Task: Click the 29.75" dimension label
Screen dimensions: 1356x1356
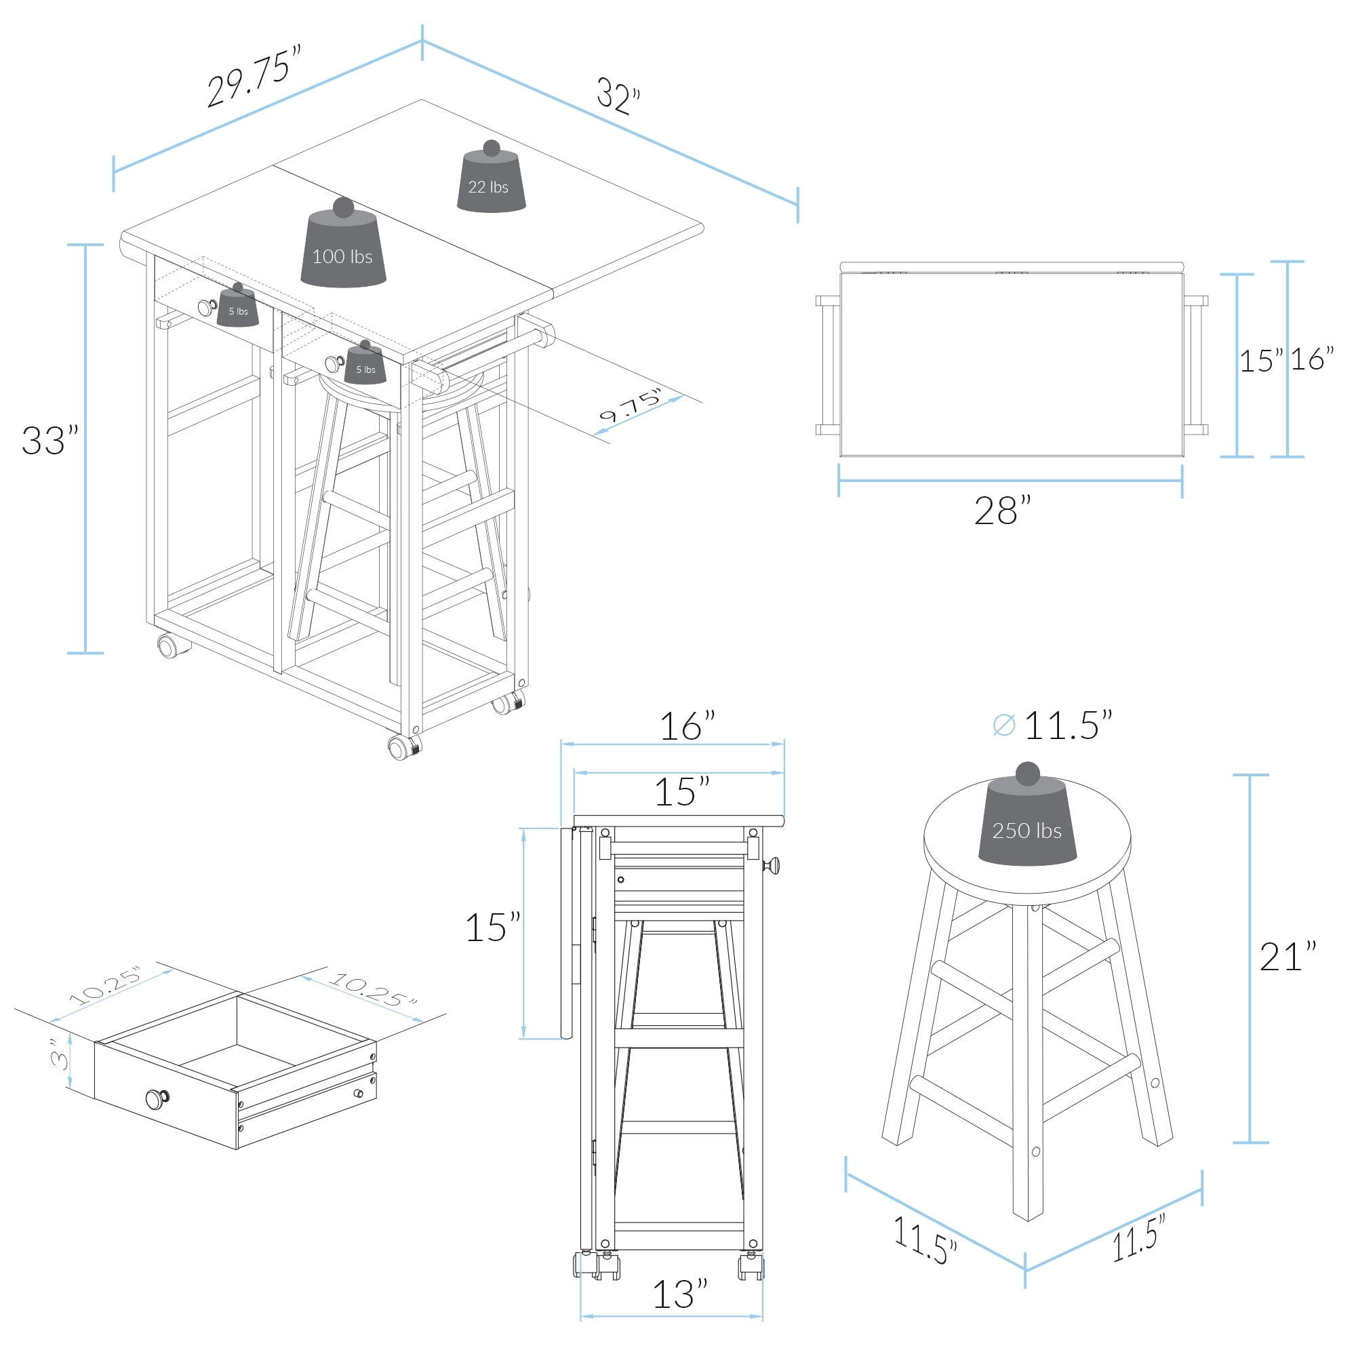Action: coord(254,75)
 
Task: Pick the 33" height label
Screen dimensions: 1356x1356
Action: coord(49,441)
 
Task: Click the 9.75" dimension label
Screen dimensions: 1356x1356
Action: coord(631,405)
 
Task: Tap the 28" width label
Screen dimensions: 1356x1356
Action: coord(1002,511)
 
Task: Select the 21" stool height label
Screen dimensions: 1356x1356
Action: coord(1288,957)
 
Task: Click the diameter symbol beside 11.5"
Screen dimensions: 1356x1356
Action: coord(1004,725)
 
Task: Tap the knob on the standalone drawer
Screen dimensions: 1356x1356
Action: coord(157,1098)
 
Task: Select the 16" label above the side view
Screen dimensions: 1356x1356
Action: coord(687,726)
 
